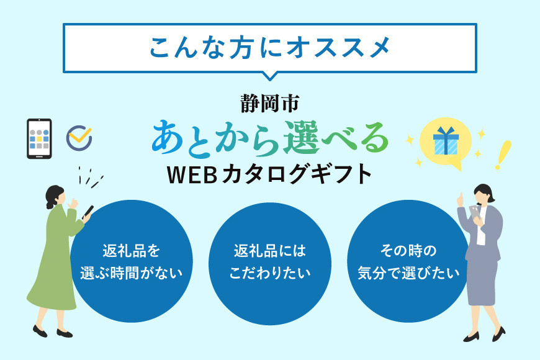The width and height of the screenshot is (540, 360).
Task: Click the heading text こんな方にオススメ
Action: pyautogui.click(x=269, y=48)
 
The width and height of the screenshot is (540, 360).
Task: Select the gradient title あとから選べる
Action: pyautogui.click(x=269, y=137)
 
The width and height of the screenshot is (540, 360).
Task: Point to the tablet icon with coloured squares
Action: pyautogui.click(x=39, y=138)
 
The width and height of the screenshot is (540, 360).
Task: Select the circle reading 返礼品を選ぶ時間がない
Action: pyautogui.click(x=131, y=261)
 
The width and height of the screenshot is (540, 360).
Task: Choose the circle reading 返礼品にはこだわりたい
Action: pyautogui.click(x=269, y=261)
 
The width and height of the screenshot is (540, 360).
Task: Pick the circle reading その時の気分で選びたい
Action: pyautogui.click(x=408, y=261)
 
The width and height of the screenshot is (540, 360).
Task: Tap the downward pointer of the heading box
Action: pyautogui.click(x=269, y=76)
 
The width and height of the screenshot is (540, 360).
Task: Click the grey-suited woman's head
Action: pyautogui.click(x=481, y=194)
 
